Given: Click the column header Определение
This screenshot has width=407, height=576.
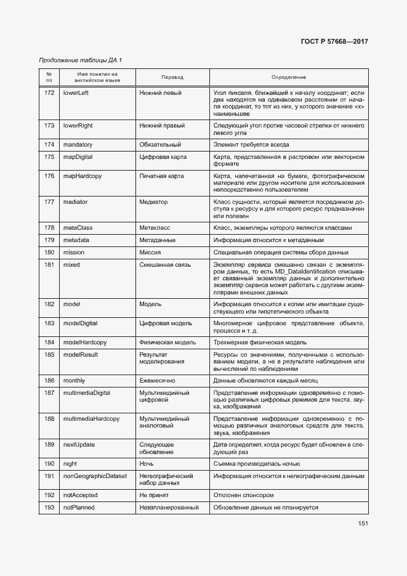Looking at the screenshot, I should click(289, 78).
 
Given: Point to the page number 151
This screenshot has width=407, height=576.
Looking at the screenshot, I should click(362, 524).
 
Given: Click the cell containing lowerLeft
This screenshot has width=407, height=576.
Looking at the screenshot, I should click(76, 92).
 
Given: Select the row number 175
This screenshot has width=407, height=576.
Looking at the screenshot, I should click(49, 157).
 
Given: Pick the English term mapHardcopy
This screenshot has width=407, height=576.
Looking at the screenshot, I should click(83, 176).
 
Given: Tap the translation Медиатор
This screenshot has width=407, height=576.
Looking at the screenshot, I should click(154, 201).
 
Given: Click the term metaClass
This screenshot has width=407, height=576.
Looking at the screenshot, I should click(78, 227).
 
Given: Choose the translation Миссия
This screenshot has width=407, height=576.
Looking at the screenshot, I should click(151, 252).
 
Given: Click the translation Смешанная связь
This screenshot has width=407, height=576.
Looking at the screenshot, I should click(165, 265).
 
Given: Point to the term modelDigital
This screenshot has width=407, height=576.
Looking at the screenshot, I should click(81, 323).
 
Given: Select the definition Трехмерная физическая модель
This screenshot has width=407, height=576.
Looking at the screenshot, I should click(260, 342).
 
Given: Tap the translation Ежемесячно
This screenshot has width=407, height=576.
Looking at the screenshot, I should click(158, 380).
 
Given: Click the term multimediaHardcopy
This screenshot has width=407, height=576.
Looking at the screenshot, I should click(91, 418).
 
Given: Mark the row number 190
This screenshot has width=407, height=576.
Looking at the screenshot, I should click(49, 463).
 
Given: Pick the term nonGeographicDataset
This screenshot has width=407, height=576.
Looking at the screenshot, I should click(95, 476).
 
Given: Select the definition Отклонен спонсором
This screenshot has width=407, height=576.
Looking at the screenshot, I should click(243, 495).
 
